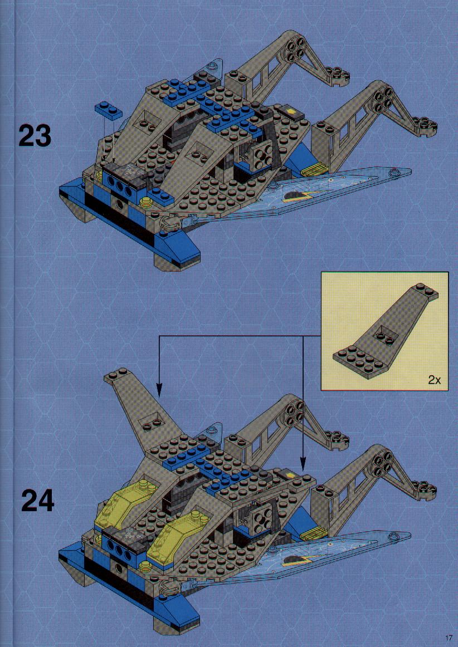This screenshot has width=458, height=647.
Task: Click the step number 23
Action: click(35, 136)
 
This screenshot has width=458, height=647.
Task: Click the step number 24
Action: click(37, 501)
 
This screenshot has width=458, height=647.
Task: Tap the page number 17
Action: click(449, 638)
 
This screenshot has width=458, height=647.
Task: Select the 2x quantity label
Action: click(434, 380)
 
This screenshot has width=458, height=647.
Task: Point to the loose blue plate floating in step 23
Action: click(108, 109)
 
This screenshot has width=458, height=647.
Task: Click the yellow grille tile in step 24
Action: click(314, 535)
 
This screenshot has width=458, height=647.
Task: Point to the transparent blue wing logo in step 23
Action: click(299, 197)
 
